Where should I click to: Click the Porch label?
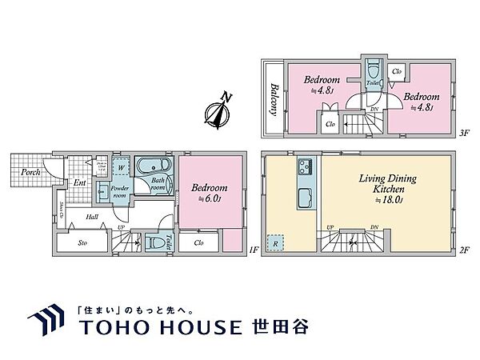pos(31,170)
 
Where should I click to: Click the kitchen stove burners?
pos(305,169)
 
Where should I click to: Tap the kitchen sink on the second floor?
pos(304,200)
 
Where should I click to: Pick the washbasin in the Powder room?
pos(103,192)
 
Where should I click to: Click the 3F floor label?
pos(463,134)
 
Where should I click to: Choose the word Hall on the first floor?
pos(70,216)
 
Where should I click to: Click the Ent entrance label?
pos(80,183)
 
